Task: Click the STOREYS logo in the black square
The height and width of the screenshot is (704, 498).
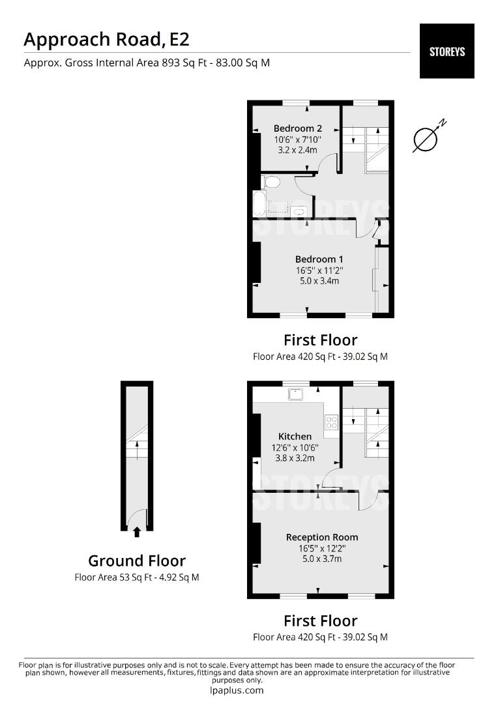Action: [447, 51]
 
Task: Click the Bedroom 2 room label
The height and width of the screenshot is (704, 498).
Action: [297, 128]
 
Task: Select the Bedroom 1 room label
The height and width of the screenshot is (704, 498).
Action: [319, 259]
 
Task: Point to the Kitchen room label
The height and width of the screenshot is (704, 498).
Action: [295, 436]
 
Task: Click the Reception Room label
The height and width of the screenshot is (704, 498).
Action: [322, 537]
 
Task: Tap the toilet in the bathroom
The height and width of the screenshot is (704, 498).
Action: [271, 181]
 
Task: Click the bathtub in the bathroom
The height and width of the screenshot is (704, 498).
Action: [259, 203]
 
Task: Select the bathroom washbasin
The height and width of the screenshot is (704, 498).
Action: [299, 211]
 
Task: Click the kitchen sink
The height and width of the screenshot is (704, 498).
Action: [296, 394]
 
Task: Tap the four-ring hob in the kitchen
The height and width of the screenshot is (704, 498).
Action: [331, 422]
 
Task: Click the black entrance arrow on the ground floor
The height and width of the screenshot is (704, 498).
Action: [137, 532]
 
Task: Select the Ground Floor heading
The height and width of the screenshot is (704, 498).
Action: [137, 561]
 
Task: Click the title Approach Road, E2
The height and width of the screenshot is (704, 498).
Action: [107, 39]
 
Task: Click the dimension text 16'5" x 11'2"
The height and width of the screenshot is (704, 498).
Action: [319, 270]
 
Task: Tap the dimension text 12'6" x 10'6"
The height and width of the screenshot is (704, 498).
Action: [295, 447]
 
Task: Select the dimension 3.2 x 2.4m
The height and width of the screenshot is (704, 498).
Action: [297, 150]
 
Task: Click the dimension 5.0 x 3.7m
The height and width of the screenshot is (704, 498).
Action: [322, 559]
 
